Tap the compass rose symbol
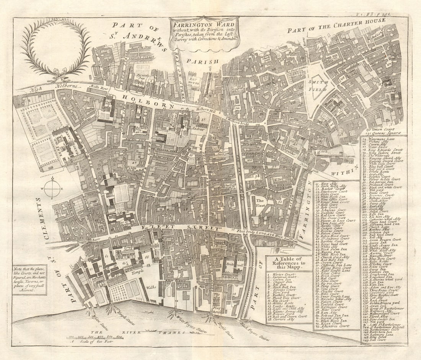(52, 189)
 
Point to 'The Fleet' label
(261, 203)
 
